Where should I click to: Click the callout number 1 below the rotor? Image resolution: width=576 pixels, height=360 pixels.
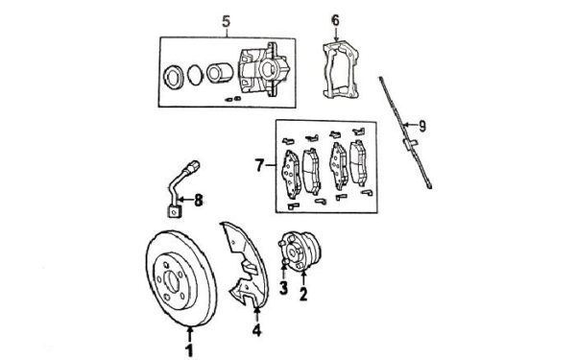(189, 349)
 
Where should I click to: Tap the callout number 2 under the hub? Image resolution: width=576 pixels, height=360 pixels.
(303, 294)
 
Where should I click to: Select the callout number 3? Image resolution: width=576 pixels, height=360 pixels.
(283, 288)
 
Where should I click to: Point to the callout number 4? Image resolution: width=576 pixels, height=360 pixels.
(256, 330)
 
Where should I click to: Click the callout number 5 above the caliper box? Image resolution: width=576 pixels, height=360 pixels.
(227, 21)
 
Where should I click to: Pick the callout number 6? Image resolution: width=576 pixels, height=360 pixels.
(335, 20)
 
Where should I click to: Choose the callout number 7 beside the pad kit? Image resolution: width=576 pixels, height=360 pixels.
(259, 165)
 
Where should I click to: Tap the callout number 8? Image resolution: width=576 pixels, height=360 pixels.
(199, 201)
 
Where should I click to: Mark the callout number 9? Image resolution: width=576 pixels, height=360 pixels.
(422, 127)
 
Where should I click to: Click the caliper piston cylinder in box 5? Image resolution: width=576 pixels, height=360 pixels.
(219, 73)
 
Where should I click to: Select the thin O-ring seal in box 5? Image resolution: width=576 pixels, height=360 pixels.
(194, 75)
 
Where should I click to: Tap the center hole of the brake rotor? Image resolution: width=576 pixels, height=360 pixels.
(172, 281)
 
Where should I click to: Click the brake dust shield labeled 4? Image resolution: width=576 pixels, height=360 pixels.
(246, 265)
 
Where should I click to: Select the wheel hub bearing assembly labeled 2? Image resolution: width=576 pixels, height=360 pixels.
(299, 252)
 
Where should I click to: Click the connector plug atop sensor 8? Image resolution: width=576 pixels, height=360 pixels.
(192, 166)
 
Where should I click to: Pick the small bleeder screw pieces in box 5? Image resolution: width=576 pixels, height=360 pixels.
(233, 99)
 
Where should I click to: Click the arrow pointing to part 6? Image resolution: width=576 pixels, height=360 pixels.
(336, 36)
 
